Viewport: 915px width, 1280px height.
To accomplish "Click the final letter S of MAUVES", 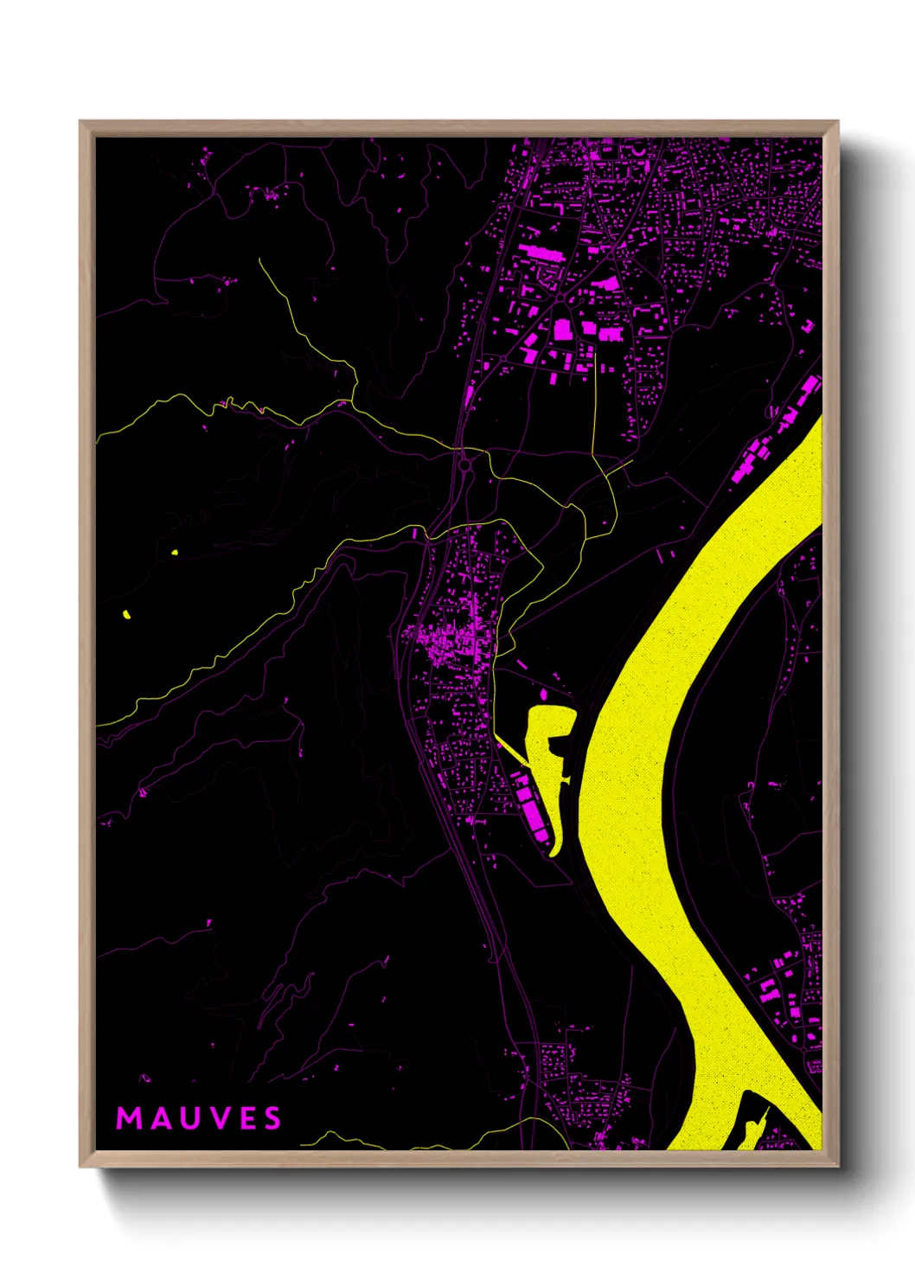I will (x=272, y=1118).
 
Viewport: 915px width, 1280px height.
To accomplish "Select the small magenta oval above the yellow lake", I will (x=544, y=694).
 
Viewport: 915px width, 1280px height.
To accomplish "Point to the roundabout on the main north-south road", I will (x=465, y=464).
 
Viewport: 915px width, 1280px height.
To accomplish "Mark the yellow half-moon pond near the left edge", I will (x=127, y=615).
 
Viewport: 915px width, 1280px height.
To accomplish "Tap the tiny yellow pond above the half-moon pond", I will (x=175, y=553).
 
